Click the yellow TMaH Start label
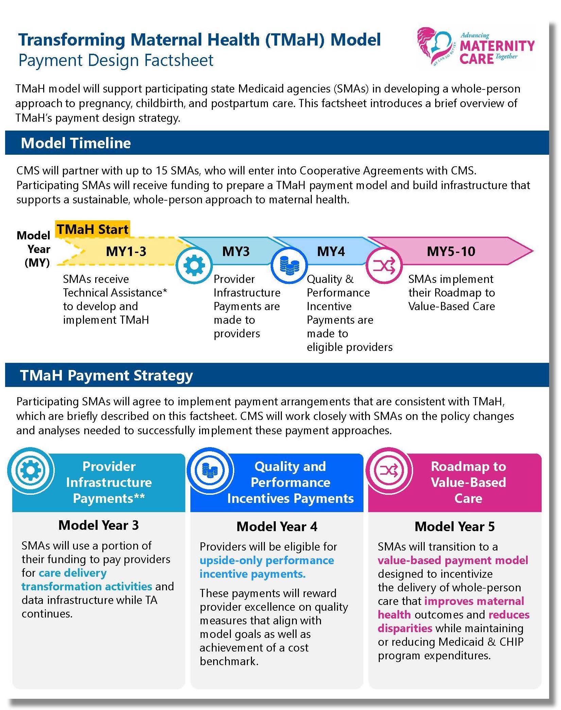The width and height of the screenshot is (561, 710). tap(92, 229)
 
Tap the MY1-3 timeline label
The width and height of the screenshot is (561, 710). tap(126, 252)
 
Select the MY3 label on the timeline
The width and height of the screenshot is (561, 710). tap(236, 252)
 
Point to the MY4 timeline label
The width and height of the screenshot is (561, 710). tap(330, 252)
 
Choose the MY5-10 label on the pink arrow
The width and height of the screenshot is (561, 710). tap(451, 252)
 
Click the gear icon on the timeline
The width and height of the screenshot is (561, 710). tap(194, 265)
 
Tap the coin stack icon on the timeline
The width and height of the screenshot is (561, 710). tap(289, 265)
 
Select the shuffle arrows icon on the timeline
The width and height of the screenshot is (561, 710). tap(384, 265)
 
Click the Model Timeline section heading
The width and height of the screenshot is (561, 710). tap(76, 143)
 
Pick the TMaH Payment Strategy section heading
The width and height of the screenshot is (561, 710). tap(106, 375)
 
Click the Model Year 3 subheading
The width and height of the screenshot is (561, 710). tap(99, 525)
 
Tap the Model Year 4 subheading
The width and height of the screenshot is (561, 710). tap(277, 527)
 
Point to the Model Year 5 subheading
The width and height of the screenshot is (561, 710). tap(455, 527)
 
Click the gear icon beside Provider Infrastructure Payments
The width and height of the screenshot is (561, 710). tap(31, 470)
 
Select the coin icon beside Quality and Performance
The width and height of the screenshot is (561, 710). tap(210, 470)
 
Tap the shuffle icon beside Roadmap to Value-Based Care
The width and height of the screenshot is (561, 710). tap(389, 470)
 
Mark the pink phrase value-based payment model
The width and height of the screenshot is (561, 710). tap(453, 560)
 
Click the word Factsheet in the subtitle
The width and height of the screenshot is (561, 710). tap(179, 61)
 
